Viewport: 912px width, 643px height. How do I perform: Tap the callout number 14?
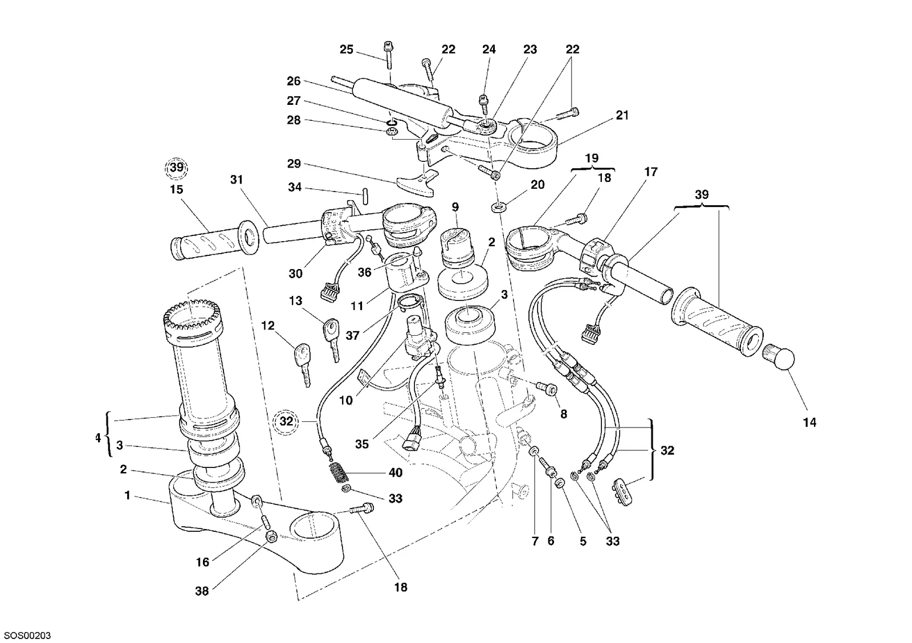[810, 423]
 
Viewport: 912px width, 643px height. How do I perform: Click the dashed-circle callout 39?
[177, 168]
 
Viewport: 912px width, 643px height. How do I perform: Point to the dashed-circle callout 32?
[286, 421]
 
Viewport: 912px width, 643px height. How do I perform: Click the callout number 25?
[347, 50]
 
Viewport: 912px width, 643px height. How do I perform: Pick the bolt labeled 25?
[388, 56]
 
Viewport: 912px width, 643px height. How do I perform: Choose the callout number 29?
[294, 164]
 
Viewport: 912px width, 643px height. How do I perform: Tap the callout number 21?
[622, 116]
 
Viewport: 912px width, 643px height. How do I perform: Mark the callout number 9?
[455, 207]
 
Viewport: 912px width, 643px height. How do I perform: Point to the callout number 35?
[361, 444]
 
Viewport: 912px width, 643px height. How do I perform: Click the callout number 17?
[650, 172]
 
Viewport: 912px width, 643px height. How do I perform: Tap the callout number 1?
[128, 495]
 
